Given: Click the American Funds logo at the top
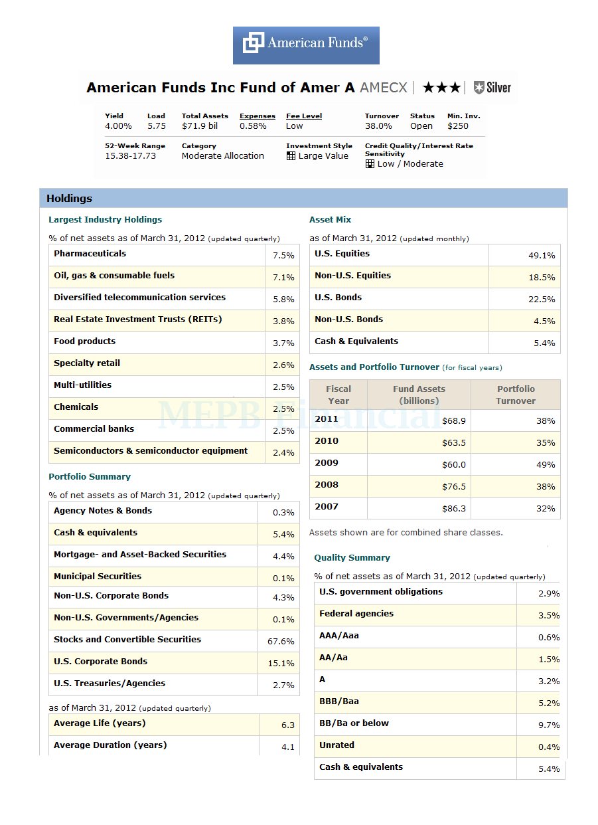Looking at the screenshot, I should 306,45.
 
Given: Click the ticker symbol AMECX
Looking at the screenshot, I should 384,88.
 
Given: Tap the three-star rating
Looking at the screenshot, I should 441,88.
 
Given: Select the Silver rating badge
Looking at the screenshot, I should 492,88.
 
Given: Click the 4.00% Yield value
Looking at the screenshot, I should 118,126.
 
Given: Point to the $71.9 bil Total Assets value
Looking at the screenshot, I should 200,126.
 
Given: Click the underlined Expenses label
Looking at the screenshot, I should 258,116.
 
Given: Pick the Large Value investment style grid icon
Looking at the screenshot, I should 291,156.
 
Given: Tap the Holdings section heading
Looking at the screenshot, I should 69,198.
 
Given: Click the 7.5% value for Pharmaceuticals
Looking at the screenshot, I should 283,256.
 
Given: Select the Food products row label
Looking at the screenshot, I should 84,341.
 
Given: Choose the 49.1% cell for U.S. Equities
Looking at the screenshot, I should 542,256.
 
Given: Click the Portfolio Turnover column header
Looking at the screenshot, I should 516,395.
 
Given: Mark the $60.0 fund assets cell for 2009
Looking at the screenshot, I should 454,465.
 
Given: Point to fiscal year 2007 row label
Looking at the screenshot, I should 327,507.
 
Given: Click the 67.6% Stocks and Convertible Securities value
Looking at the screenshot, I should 281,642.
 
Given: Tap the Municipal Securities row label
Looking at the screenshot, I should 98,577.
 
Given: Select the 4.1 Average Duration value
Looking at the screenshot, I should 287,747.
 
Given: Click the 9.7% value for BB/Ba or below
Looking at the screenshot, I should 549,725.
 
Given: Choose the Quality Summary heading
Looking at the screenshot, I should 352,558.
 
